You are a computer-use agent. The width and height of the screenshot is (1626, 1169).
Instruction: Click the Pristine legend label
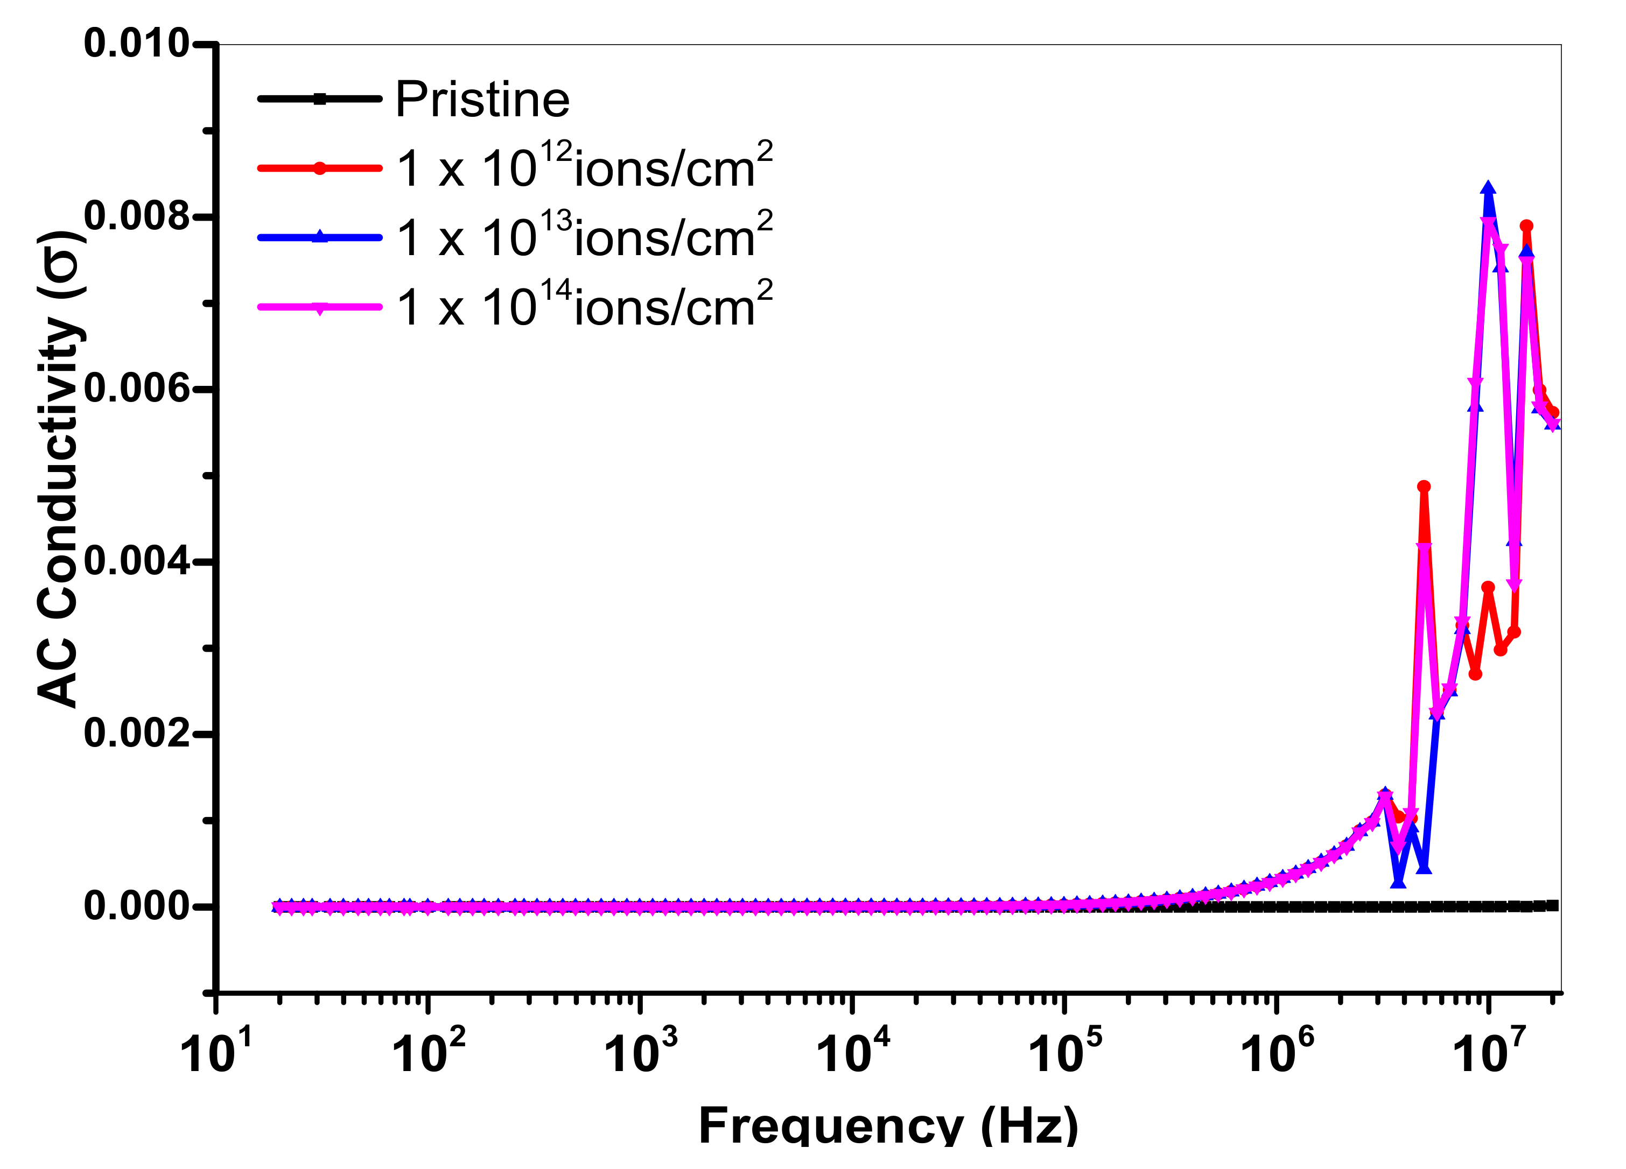(x=482, y=100)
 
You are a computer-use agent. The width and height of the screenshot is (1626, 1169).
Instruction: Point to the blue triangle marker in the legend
(x=320, y=236)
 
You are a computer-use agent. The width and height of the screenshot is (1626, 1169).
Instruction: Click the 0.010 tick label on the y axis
(x=136, y=43)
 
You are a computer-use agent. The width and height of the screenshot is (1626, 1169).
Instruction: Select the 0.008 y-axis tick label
(x=136, y=216)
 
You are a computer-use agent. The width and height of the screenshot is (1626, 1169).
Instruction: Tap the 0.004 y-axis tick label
(x=136, y=561)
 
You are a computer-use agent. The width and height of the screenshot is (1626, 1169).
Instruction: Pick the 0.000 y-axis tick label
(x=136, y=907)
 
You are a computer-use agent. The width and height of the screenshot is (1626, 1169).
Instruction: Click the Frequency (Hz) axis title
(x=888, y=1125)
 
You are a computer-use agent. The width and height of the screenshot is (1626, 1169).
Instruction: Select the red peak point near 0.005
(x=1424, y=487)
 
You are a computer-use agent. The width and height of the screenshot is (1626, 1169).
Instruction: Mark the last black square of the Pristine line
(x=1553, y=905)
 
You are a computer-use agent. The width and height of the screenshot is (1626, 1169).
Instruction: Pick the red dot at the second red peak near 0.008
(x=1526, y=226)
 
